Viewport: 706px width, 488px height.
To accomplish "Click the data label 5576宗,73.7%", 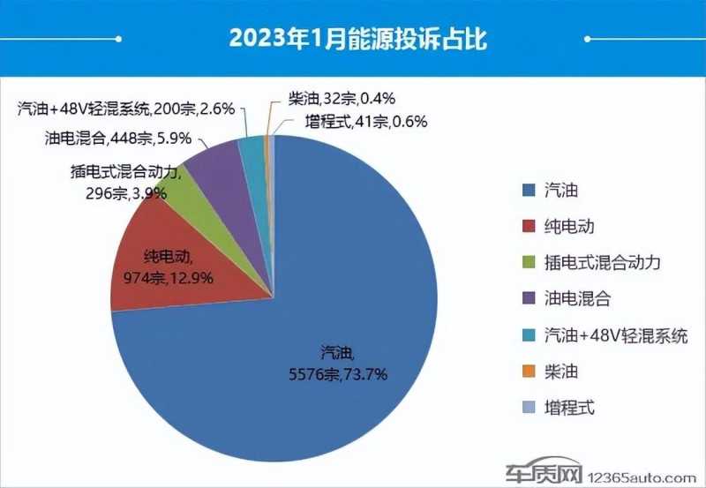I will coord(348,373).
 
